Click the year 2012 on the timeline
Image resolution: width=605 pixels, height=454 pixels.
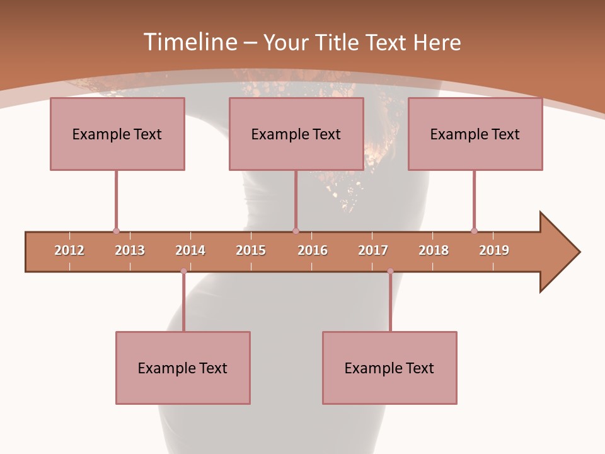pos(69,250)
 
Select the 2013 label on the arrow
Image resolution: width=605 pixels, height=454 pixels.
pos(130,250)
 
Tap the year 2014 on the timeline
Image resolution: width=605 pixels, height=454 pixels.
pos(190,250)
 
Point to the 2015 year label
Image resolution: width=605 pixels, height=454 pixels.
pos(251,250)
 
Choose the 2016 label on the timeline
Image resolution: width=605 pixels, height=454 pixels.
pos(313,250)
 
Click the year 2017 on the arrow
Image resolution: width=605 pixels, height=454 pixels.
pos(373,250)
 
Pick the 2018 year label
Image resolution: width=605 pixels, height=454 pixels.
pos(434,250)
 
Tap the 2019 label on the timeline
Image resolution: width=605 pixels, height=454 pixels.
pos(494,250)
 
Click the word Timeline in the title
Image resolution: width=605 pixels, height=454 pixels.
pos(189,42)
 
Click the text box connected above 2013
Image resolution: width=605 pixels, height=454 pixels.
pos(117,134)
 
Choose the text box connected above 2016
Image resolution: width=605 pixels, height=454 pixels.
pos(296,134)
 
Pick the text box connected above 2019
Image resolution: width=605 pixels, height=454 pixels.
pos(475,134)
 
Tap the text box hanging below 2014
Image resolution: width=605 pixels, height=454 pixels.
pos(183,368)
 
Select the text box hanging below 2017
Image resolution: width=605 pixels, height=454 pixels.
pos(389,368)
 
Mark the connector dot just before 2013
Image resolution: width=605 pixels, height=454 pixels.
pos(116,231)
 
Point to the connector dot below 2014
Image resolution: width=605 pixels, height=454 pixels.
pos(183,271)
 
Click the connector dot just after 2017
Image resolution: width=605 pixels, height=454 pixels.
pos(390,271)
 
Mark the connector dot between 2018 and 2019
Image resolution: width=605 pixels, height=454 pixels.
pos(474,231)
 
